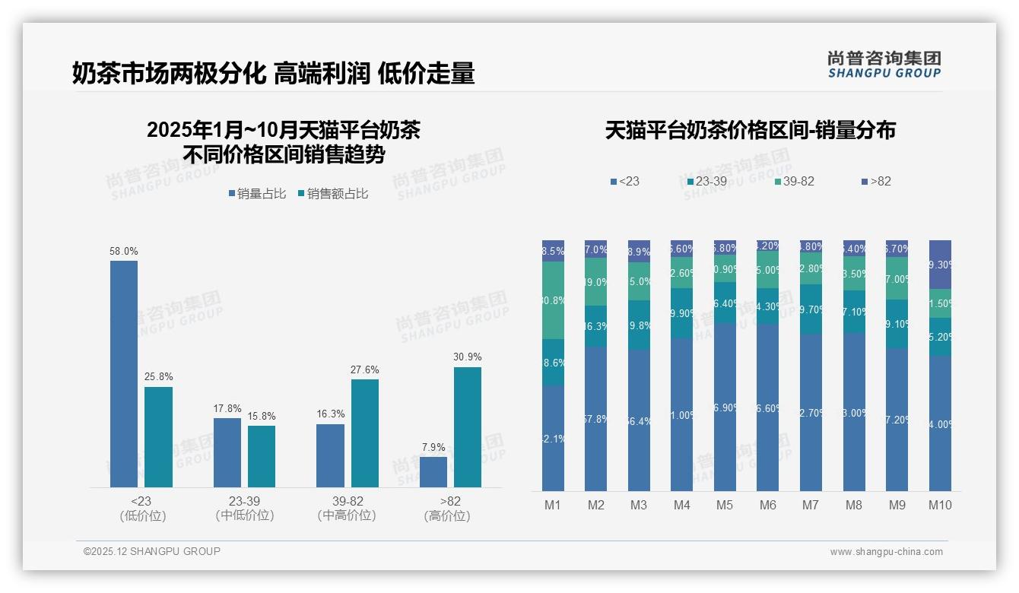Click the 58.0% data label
(124, 252)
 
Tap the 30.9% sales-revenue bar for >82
(467, 427)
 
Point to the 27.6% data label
(364, 370)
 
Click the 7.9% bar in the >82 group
(433, 472)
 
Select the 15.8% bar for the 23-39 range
(262, 456)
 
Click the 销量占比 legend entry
(257, 194)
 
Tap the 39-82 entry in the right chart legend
(795, 182)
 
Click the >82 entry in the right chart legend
(875, 182)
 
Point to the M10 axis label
(940, 505)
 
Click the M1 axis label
(553, 505)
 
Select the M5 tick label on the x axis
(725, 505)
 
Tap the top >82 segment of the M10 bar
(940, 265)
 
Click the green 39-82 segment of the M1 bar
(553, 300)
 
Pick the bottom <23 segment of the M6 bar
(768, 407)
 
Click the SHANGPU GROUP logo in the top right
(884, 65)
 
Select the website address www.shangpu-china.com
(886, 552)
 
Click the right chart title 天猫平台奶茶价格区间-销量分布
(750, 131)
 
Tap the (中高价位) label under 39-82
(347, 516)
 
